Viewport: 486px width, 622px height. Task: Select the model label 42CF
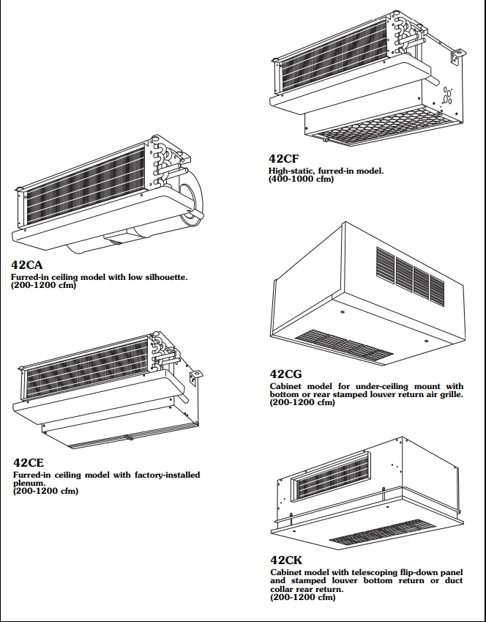point(284,159)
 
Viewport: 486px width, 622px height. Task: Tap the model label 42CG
point(286,374)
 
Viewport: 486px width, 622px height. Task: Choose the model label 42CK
point(287,560)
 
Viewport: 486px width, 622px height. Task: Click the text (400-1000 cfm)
point(301,179)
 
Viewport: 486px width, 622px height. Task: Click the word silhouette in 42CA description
point(163,278)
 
